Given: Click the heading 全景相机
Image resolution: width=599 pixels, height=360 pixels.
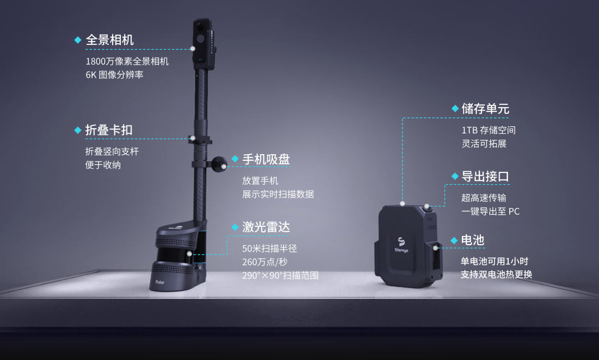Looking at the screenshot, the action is click(110, 40).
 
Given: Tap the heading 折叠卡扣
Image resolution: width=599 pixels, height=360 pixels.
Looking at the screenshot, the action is click(109, 130).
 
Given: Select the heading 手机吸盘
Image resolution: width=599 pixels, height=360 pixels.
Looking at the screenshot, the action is click(266, 159).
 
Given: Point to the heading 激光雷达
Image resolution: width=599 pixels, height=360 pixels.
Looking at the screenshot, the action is click(266, 227).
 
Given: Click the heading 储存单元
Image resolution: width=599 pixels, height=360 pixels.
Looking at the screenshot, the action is click(485, 109).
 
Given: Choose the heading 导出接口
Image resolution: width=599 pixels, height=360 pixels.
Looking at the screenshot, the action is click(485, 176).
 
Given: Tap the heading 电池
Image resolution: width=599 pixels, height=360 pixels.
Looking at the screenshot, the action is click(473, 240).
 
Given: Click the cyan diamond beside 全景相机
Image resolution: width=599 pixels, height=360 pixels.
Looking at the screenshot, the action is click(78, 40).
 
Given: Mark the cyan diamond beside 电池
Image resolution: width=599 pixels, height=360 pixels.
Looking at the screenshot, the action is click(454, 240).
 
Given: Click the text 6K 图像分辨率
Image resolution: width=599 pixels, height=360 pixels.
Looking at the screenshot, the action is click(115, 74).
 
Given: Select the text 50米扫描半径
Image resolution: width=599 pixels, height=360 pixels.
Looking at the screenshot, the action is click(270, 249).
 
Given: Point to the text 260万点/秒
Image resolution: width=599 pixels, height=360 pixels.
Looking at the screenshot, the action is click(265, 262).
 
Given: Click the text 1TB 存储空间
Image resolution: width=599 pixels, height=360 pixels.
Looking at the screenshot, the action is click(489, 130).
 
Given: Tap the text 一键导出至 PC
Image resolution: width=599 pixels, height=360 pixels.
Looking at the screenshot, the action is click(490, 211).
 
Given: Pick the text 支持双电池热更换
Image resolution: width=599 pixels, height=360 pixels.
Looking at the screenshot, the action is click(496, 275).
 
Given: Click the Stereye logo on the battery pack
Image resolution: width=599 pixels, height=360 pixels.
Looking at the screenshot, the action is click(401, 245).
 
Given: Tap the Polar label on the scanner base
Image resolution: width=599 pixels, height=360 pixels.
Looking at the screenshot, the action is click(160, 282).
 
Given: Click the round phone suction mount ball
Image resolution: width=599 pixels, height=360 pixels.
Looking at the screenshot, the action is click(219, 164).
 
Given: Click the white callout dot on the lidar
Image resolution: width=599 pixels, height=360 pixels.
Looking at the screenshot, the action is click(189, 253).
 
